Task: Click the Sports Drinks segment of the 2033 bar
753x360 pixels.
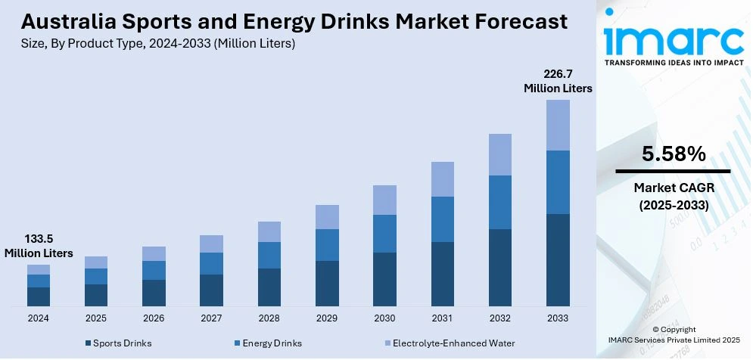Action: tap(558, 259)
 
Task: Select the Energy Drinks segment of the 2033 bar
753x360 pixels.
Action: tap(558, 182)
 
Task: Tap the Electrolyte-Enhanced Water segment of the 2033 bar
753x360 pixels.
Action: tap(558, 125)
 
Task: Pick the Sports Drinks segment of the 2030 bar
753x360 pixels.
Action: tap(384, 279)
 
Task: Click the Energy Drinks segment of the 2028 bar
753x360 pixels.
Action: tap(269, 255)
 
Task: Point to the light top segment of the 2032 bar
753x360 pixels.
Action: tap(500, 154)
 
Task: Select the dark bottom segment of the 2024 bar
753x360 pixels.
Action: tap(39, 296)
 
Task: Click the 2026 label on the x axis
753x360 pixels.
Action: tap(154, 318)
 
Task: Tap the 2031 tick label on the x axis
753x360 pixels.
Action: tap(443, 318)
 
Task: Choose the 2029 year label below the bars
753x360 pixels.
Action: tap(327, 318)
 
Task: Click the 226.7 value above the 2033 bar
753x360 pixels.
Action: tap(558, 74)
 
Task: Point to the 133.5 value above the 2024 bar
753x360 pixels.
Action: tap(39, 239)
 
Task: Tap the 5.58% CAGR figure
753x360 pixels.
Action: tap(674, 154)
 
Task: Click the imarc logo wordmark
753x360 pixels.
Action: tap(674, 39)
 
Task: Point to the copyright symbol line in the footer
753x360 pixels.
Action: tap(674, 331)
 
